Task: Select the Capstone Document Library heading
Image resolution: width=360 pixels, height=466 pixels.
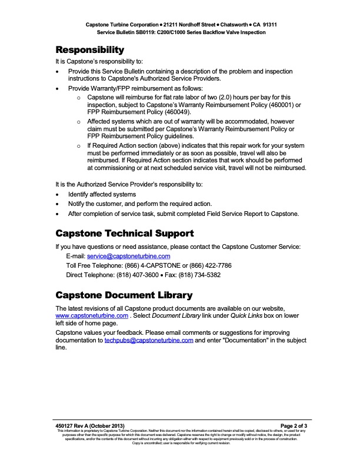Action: (x=124, y=294)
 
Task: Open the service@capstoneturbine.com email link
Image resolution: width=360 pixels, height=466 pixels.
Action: (x=128, y=257)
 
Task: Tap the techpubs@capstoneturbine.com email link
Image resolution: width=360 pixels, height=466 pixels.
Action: (x=149, y=341)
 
